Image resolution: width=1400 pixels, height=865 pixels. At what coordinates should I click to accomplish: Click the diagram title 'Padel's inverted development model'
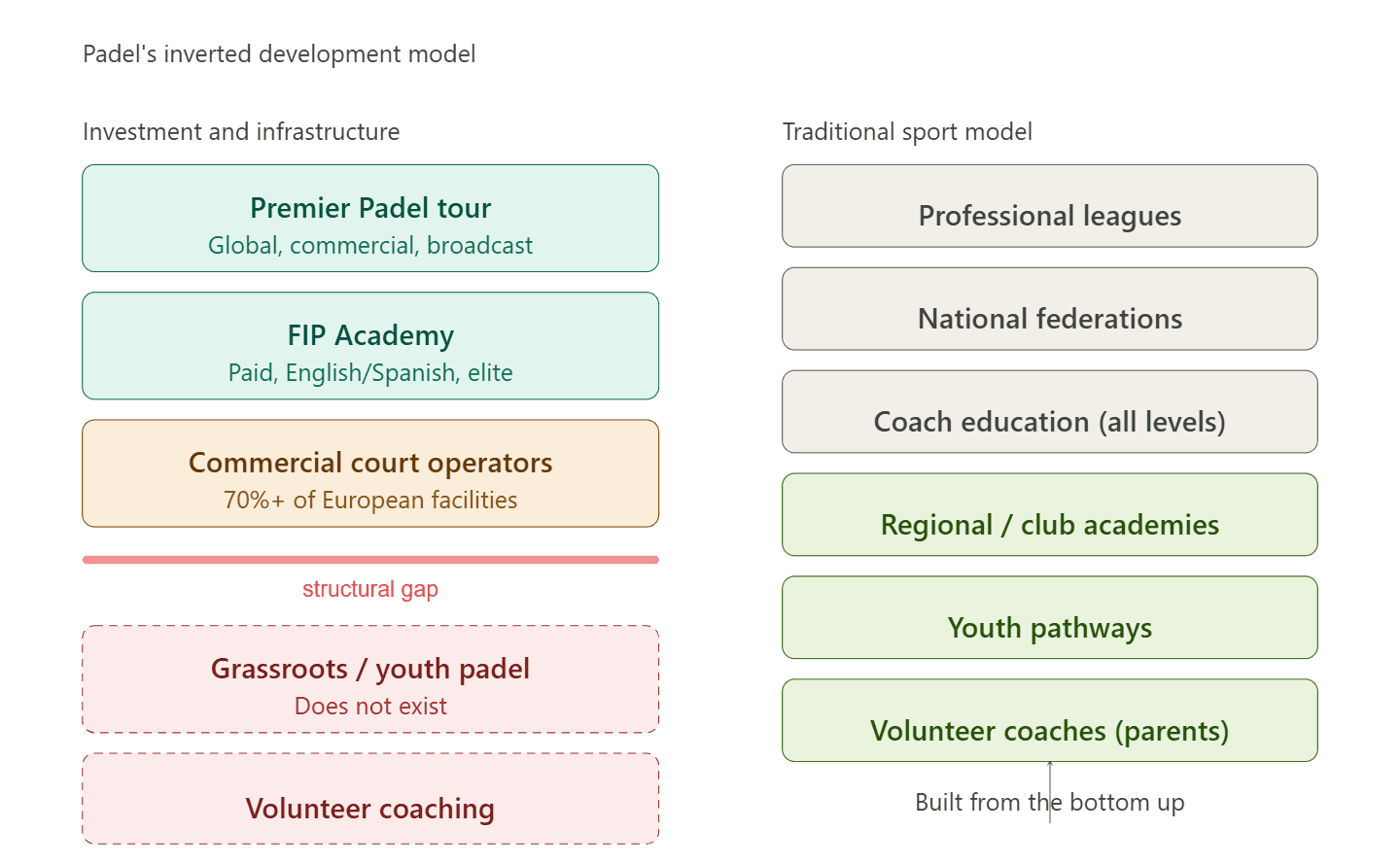(279, 54)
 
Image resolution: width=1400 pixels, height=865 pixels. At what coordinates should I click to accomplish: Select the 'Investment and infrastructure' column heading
(241, 132)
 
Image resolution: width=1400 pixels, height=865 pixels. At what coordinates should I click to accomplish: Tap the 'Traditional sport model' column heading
(907, 132)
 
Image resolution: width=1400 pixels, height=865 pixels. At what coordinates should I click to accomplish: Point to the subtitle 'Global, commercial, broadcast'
(370, 246)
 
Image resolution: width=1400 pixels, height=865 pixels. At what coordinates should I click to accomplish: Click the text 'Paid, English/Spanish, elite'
(370, 373)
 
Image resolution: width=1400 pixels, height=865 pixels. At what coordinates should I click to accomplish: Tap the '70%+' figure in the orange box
(254, 501)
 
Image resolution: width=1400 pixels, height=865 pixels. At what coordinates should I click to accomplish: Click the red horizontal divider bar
(370, 560)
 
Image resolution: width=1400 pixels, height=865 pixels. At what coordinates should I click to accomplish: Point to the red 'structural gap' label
(370, 589)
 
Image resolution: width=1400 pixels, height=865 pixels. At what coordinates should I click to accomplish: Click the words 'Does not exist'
(370, 707)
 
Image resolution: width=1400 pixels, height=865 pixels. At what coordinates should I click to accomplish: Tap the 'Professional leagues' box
(1050, 206)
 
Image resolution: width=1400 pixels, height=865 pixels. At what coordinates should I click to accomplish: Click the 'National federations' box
(1050, 309)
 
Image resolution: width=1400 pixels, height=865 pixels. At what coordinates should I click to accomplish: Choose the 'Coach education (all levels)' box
(1050, 412)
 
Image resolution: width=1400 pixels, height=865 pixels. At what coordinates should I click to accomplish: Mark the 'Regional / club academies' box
(1050, 515)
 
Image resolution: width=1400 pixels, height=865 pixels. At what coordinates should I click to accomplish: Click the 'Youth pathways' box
(1050, 618)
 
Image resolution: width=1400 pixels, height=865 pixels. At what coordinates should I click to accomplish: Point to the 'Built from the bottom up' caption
(1050, 803)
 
